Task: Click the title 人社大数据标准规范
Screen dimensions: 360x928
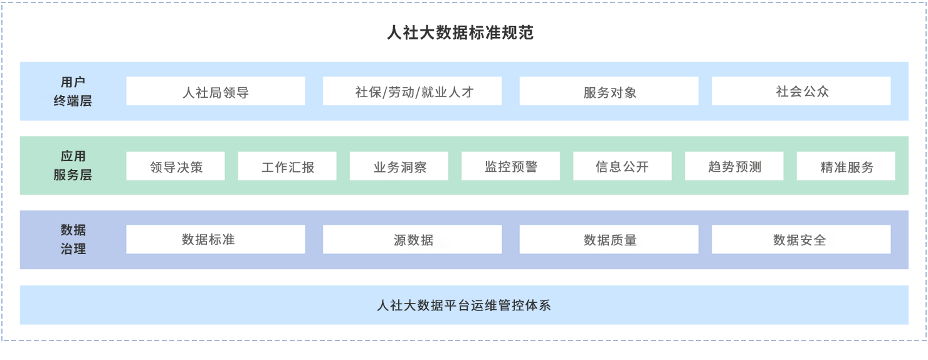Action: pyautogui.click(x=460, y=33)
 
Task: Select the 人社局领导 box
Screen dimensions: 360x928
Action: pyautogui.click(x=215, y=92)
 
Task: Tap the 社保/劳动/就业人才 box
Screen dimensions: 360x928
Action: pyautogui.click(x=412, y=92)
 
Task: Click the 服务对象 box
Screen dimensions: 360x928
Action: pyautogui.click(x=609, y=92)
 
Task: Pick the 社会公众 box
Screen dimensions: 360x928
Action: pyautogui.click(x=801, y=92)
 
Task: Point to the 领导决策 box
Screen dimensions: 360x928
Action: pyautogui.click(x=176, y=166)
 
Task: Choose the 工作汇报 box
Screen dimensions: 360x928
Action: pyautogui.click(x=287, y=166)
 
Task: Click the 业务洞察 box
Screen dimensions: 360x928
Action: pyautogui.click(x=399, y=166)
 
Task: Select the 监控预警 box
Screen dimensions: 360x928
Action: pyautogui.click(x=510, y=166)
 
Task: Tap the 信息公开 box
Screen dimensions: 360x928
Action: pyautogui.click(x=622, y=166)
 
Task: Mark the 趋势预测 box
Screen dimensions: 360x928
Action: pyautogui.click(x=734, y=166)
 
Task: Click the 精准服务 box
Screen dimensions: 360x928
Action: pyautogui.click(x=846, y=166)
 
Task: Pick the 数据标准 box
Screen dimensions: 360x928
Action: pyautogui.click(x=215, y=240)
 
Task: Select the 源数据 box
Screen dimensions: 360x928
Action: pyautogui.click(x=412, y=240)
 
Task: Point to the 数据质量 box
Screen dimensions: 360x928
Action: pyautogui.click(x=609, y=240)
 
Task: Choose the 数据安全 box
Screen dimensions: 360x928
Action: pyautogui.click(x=801, y=240)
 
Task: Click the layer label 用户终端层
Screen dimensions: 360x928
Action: pyautogui.click(x=73, y=91)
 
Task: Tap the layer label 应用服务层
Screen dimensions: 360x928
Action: pyautogui.click(x=73, y=166)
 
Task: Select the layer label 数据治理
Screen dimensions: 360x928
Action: pyautogui.click(x=73, y=239)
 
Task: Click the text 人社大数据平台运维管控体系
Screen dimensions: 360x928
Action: pyautogui.click(x=464, y=305)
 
